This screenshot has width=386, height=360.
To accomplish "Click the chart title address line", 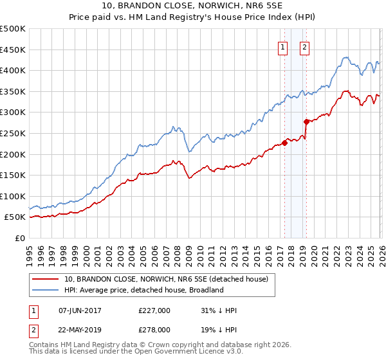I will point(193,6).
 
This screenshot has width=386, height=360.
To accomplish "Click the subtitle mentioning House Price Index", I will point(193,17).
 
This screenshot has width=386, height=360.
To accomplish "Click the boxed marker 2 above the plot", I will point(304,46).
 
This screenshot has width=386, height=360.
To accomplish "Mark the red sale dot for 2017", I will point(284,143).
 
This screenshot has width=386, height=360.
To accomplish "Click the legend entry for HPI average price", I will point(143,290).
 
